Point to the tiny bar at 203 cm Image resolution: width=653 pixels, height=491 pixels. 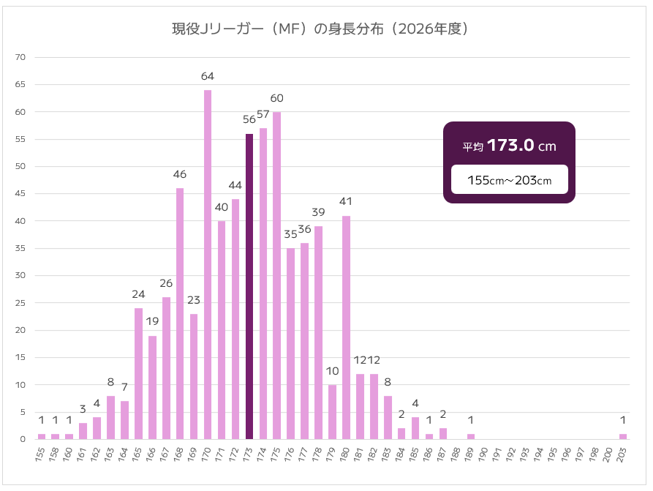(x=623, y=437)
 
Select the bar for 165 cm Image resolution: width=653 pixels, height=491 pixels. (x=138, y=374)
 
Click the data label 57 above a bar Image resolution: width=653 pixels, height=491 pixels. (x=263, y=115)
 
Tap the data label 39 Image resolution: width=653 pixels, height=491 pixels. (x=319, y=212)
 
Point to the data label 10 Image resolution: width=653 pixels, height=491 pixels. (x=333, y=371)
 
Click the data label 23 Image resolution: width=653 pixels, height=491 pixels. (x=194, y=300)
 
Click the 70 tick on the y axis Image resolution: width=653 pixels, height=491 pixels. (x=20, y=57)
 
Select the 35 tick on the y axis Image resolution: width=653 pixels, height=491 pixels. (x=20, y=248)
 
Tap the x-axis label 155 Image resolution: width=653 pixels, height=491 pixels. (x=41, y=454)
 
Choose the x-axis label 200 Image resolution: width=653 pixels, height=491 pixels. (x=609, y=454)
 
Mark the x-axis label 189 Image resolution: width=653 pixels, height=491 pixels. (x=470, y=454)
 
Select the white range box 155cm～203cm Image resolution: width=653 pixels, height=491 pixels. (x=509, y=180)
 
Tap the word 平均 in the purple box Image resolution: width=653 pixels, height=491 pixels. (x=473, y=147)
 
